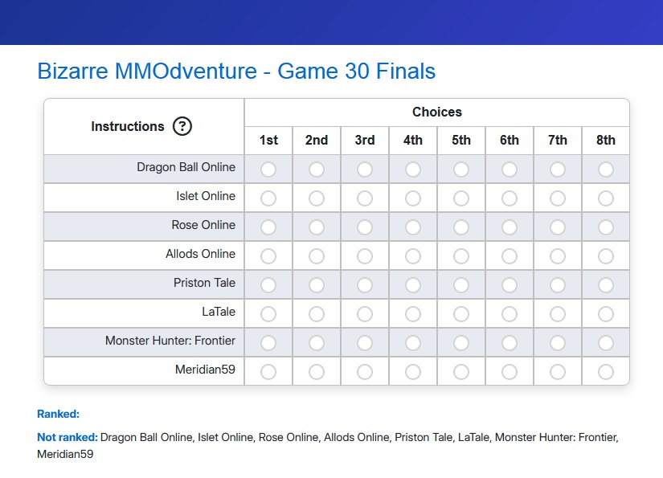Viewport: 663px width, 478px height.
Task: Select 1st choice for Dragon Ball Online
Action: pyautogui.click(x=268, y=170)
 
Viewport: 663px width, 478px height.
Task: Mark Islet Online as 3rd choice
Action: pyautogui.click(x=365, y=198)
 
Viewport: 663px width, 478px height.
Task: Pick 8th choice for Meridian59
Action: pyautogui.click(x=605, y=372)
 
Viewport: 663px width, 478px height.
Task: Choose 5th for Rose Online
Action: pyautogui.click(x=461, y=227)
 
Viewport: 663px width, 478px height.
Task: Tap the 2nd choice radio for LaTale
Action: pyautogui.click(x=317, y=314)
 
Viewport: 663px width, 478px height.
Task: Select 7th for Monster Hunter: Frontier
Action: pyautogui.click(x=557, y=343)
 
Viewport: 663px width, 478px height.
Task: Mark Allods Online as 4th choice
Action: pyautogui.click(x=413, y=256)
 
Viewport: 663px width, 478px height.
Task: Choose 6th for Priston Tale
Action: pyautogui.click(x=509, y=285)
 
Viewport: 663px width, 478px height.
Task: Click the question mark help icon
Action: pyautogui.click(x=182, y=126)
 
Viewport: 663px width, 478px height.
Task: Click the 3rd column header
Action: pyautogui.click(x=365, y=140)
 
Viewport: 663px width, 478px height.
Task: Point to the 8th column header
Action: pyautogui.click(x=605, y=140)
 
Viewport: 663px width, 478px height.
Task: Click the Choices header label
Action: pyautogui.click(x=437, y=112)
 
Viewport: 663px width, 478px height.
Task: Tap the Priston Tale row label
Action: pyautogui.click(x=204, y=283)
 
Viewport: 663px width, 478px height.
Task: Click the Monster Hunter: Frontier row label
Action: pyautogui.click(x=170, y=341)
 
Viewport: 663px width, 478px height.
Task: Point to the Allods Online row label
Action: pyautogui.click(x=200, y=254)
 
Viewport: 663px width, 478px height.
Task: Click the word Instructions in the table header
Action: pyautogui.click(x=128, y=126)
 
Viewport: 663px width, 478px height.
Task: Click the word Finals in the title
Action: pyautogui.click(x=406, y=71)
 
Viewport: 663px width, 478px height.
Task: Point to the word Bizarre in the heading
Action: pyautogui.click(x=72, y=71)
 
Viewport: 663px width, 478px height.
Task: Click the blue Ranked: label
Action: pyautogui.click(x=59, y=415)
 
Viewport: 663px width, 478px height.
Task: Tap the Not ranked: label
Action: pyautogui.click(x=68, y=437)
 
